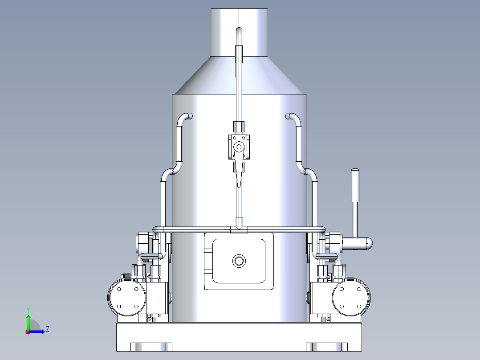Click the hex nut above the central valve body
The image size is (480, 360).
[x=239, y=127]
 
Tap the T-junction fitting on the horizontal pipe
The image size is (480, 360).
[x=239, y=229]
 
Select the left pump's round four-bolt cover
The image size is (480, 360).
[x=127, y=297]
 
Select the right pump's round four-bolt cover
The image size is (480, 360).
[x=351, y=297]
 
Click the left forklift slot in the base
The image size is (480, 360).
[x=151, y=347]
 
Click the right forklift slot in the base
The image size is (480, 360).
[x=326, y=347]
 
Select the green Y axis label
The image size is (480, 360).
[x=28, y=309]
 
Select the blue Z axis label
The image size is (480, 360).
[x=47, y=330]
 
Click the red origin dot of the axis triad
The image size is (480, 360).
[x=28, y=331]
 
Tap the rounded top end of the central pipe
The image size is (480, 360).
[x=239, y=30]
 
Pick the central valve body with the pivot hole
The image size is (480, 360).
[x=239, y=147]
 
